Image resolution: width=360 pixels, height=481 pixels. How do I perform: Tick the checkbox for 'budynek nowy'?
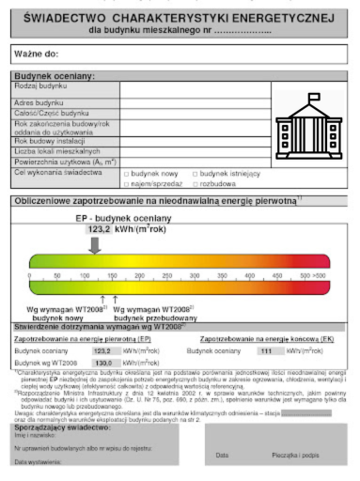(x=126, y=174)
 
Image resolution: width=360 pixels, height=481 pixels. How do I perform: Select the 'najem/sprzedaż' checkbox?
(x=126, y=184)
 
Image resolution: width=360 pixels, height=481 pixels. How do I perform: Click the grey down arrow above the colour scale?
(x=95, y=245)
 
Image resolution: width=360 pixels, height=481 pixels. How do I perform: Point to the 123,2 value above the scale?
(x=100, y=228)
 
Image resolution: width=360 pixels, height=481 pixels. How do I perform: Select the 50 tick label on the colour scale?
(x=57, y=275)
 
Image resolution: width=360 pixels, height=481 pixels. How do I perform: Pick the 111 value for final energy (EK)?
(x=266, y=350)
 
